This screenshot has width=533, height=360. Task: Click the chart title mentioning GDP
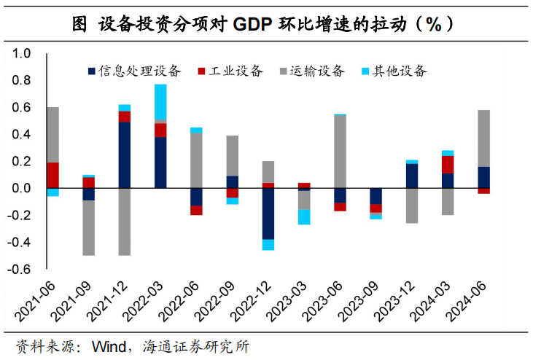(266, 23)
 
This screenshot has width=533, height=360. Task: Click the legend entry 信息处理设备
(134, 71)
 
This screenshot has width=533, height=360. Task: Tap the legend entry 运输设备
(311, 71)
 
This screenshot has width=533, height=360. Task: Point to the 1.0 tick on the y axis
(22, 54)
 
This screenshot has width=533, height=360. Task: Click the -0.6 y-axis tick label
(20, 269)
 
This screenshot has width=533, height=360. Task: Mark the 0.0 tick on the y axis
(22, 188)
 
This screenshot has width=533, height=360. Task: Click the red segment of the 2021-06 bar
(52, 175)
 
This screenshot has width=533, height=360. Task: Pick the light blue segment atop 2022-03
(160, 101)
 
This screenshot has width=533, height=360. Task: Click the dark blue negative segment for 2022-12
(268, 214)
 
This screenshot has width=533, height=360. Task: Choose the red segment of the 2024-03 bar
(447, 164)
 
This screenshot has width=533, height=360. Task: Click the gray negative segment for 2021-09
(88, 227)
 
